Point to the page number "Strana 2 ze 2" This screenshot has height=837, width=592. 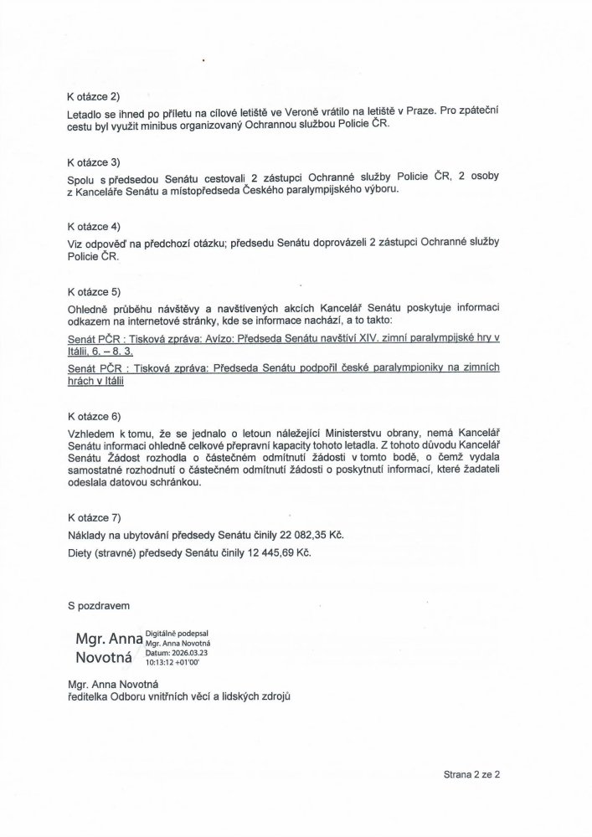point(471,775)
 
